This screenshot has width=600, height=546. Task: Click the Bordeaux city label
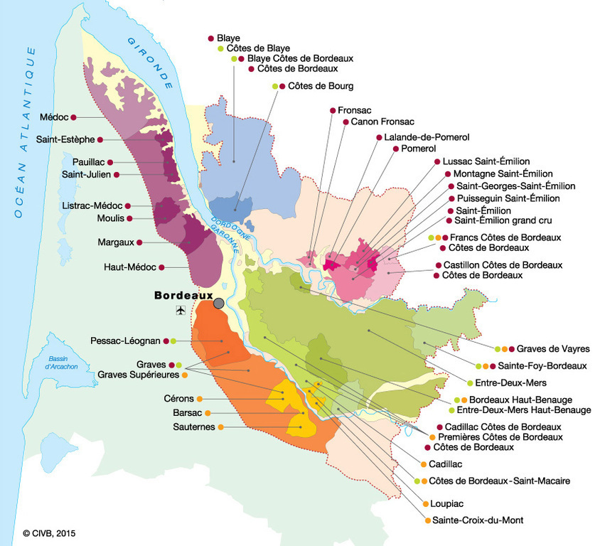[183, 294]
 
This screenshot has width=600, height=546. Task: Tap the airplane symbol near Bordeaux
[179, 311]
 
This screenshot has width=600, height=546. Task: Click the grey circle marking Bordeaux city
[219, 304]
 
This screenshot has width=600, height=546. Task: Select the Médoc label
[54, 117]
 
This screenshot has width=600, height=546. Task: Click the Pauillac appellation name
[87, 162]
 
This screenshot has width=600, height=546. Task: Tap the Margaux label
[116, 242]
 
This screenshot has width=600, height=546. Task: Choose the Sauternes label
[193, 427]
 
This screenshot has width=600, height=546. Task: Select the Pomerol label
[418, 149]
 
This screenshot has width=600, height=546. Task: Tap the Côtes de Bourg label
[321, 86]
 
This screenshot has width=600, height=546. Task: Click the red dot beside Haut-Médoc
[162, 267]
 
